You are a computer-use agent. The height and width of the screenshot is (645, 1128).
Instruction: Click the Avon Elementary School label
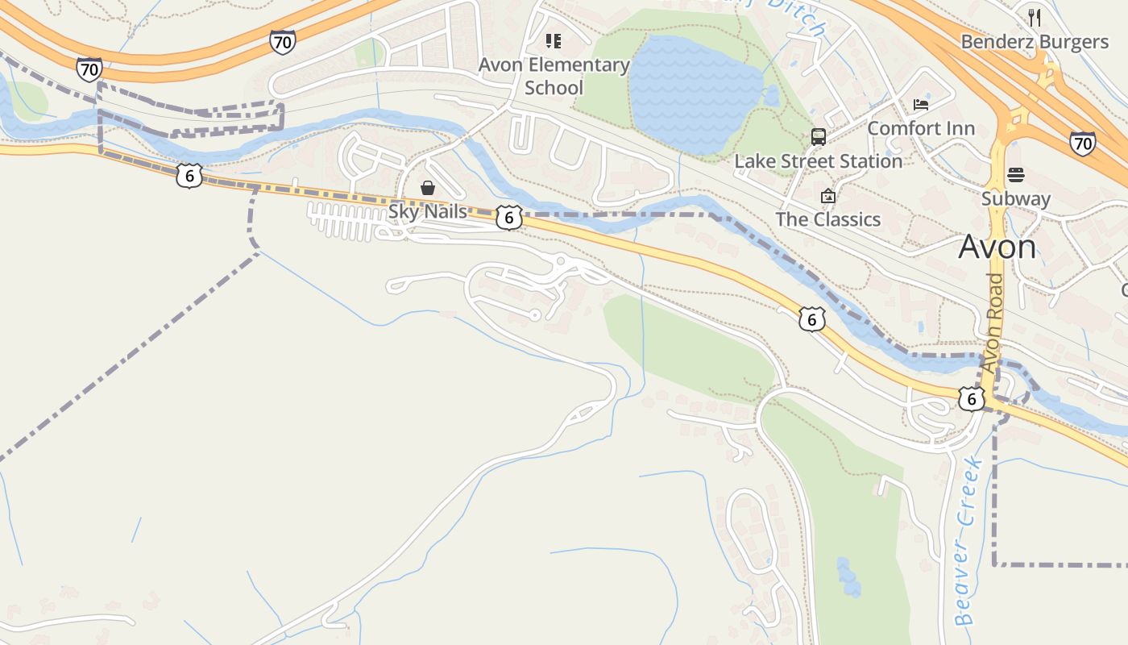(x=554, y=76)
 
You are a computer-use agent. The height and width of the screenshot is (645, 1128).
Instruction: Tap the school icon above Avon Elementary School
(x=553, y=40)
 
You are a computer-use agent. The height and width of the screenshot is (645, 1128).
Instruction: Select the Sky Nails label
(x=428, y=211)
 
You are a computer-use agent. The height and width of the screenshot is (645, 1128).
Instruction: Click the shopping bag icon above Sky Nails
(x=428, y=188)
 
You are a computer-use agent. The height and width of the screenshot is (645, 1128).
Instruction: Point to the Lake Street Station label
(x=818, y=161)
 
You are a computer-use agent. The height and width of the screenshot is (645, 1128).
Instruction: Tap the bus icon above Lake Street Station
(x=819, y=136)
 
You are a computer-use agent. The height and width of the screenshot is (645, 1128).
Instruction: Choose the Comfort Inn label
(x=921, y=128)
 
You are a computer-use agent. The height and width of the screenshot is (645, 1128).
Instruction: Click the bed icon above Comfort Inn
(x=921, y=105)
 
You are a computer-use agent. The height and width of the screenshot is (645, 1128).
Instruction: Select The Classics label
(x=827, y=219)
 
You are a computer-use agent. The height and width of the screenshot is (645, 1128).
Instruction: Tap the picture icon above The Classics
(x=827, y=196)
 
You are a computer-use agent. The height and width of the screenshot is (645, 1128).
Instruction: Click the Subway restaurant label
(x=1016, y=198)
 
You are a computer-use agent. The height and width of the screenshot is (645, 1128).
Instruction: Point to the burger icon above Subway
(x=1016, y=175)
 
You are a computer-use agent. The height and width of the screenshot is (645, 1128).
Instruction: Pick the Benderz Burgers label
(x=1035, y=42)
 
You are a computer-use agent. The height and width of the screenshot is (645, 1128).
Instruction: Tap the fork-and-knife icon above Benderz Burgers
(x=1035, y=17)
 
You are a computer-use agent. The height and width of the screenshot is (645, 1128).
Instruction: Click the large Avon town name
(x=997, y=247)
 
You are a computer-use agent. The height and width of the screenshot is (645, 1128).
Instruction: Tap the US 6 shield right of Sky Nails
(x=509, y=218)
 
